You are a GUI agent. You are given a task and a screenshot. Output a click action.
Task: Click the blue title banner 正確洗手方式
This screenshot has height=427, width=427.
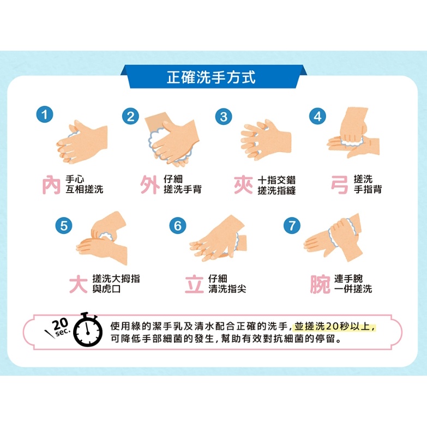click(214, 76)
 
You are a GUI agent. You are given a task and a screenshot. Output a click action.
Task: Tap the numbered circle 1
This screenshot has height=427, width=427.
click(45, 115)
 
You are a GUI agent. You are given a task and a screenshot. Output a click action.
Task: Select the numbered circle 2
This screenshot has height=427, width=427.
click(130, 116)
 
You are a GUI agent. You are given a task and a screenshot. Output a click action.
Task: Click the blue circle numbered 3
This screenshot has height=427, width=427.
click(224, 117)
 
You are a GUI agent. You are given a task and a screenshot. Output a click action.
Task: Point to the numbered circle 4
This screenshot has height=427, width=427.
click(317, 116)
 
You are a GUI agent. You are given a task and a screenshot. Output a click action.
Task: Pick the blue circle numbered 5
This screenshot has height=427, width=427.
click(64, 225)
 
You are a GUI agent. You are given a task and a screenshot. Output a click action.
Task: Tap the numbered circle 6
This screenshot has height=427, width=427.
click(178, 225)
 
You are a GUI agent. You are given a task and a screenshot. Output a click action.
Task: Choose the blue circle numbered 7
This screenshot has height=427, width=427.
click(292, 225)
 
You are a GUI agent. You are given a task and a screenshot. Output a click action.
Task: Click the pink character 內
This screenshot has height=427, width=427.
click(51, 185)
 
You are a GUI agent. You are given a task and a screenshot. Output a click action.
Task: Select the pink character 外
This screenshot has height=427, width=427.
click(150, 185)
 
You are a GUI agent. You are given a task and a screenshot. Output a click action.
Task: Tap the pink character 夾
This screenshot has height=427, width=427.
click(243, 185)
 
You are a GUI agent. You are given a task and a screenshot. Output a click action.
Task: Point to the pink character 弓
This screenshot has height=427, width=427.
click(340, 185)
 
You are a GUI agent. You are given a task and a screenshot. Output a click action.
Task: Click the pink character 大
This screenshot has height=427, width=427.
click(79, 284)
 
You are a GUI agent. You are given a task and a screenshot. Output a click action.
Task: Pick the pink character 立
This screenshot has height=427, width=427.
click(194, 284)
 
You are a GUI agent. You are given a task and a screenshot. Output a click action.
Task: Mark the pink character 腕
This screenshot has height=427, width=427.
click(320, 284)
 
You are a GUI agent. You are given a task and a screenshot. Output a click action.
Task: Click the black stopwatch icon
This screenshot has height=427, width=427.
click(88, 329)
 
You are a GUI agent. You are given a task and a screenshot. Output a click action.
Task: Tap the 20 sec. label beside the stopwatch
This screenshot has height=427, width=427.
click(58, 327)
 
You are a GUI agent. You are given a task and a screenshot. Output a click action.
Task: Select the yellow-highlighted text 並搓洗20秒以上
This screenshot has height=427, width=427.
click(335, 326)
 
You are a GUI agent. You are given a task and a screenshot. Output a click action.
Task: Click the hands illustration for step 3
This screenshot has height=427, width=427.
click(266, 140)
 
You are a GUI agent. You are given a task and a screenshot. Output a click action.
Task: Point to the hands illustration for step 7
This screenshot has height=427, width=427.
click(333, 237)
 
